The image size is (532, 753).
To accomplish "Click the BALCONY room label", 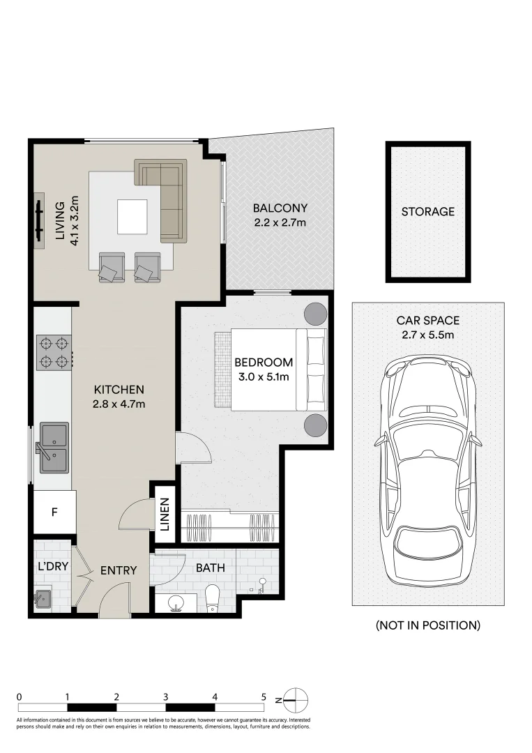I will [x=280, y=208].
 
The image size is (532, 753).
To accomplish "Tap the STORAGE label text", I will [x=427, y=211].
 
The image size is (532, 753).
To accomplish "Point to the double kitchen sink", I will [x=54, y=448].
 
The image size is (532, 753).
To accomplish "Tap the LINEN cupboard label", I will [x=165, y=515].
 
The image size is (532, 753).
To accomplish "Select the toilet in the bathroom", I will [x=213, y=598].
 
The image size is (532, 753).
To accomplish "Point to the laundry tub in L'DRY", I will [x=43, y=598].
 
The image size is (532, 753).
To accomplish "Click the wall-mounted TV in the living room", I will [x=39, y=220].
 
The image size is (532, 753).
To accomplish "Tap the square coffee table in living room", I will [x=132, y=217].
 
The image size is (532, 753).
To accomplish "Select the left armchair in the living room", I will [x=112, y=267].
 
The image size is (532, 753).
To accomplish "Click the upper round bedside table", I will [x=314, y=314].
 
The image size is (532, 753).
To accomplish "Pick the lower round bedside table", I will [x=314, y=424].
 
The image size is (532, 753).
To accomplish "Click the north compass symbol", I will [x=296, y=699].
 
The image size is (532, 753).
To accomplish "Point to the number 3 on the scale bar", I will [x=165, y=697].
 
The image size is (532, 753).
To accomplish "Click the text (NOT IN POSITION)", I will [x=427, y=625].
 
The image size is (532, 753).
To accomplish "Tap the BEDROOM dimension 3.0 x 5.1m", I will [x=263, y=377].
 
